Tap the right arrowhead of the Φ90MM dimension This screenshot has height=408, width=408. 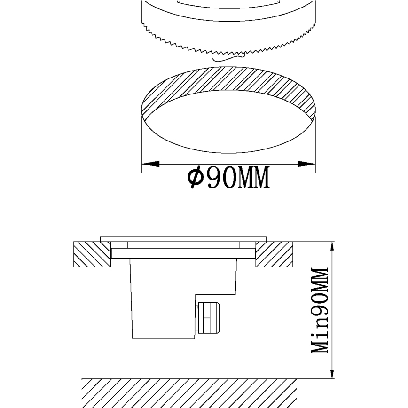click(306, 164)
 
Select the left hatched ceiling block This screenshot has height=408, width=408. click(92, 254)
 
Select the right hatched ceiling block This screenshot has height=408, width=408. click(275, 254)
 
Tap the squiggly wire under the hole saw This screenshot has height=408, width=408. click(228, 57)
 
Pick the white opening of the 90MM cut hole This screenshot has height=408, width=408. click(228, 122)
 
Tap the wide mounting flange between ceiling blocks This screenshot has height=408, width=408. click(183, 253)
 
